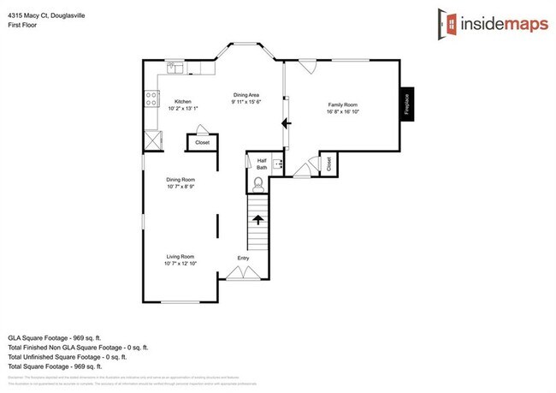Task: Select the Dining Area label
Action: click(x=246, y=94)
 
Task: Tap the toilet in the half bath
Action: click(x=259, y=182)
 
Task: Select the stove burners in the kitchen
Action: click(x=152, y=98)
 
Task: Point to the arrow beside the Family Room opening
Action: click(x=285, y=124)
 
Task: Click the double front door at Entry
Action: click(x=242, y=273)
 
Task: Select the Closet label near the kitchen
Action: click(x=203, y=142)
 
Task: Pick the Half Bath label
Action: click(x=262, y=163)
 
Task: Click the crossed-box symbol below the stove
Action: click(x=153, y=139)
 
